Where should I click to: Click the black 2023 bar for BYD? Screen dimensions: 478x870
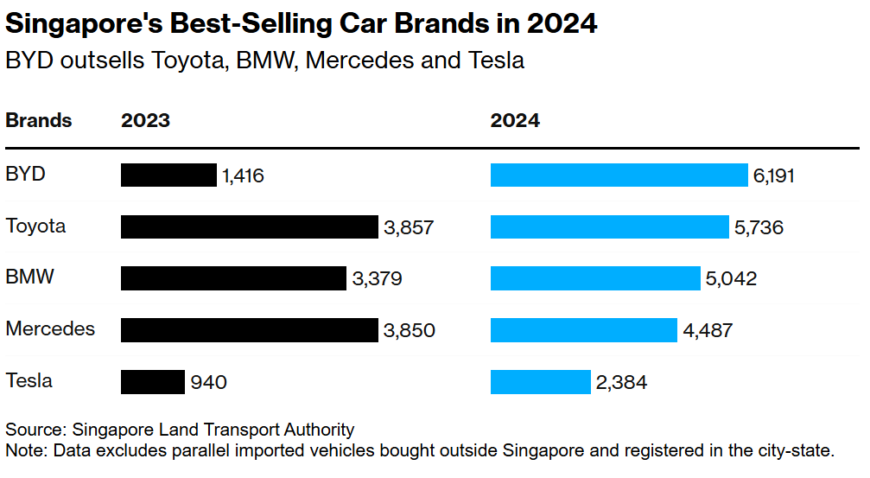(x=168, y=175)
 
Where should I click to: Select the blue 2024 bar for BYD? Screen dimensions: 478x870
(x=619, y=175)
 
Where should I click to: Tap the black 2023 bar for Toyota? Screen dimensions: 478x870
(x=250, y=227)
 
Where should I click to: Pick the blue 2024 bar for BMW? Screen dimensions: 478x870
(x=595, y=278)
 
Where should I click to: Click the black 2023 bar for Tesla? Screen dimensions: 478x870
(x=153, y=381)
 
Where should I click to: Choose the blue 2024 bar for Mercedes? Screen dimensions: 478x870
(x=583, y=330)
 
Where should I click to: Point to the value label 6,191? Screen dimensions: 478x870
(x=773, y=176)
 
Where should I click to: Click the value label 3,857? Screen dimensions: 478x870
(x=409, y=228)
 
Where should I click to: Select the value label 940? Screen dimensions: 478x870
(x=208, y=382)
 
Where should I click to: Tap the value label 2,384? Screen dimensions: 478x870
(x=621, y=382)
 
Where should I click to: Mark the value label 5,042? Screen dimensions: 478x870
(x=731, y=279)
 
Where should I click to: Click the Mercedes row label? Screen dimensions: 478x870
(x=50, y=329)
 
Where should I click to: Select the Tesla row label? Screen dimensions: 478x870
(x=29, y=380)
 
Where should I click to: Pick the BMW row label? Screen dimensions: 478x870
(x=29, y=277)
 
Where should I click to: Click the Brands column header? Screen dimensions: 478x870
(x=38, y=121)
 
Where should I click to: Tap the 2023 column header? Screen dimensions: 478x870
(x=145, y=121)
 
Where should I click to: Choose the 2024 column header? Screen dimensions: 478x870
(x=515, y=121)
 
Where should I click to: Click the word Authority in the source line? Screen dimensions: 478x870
(x=320, y=430)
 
